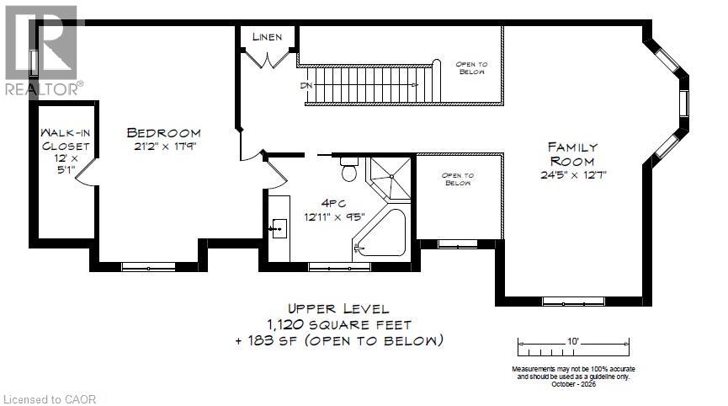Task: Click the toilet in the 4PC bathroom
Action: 348,169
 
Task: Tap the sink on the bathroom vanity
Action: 279,228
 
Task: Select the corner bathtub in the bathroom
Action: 380,232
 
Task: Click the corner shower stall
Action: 390,178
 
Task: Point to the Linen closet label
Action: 268,37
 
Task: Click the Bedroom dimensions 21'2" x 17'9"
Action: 164,147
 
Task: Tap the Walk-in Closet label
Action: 66,139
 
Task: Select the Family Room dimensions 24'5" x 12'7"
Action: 573,175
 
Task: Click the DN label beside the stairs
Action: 306,85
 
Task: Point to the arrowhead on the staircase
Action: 415,85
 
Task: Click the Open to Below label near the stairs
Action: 471,68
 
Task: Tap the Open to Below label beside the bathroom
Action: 458,179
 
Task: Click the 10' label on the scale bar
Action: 573,341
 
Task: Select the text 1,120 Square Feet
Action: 339,324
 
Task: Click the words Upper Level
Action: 338,308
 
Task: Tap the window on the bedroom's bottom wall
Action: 149,267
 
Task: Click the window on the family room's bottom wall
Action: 574,302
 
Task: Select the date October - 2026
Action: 573,384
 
